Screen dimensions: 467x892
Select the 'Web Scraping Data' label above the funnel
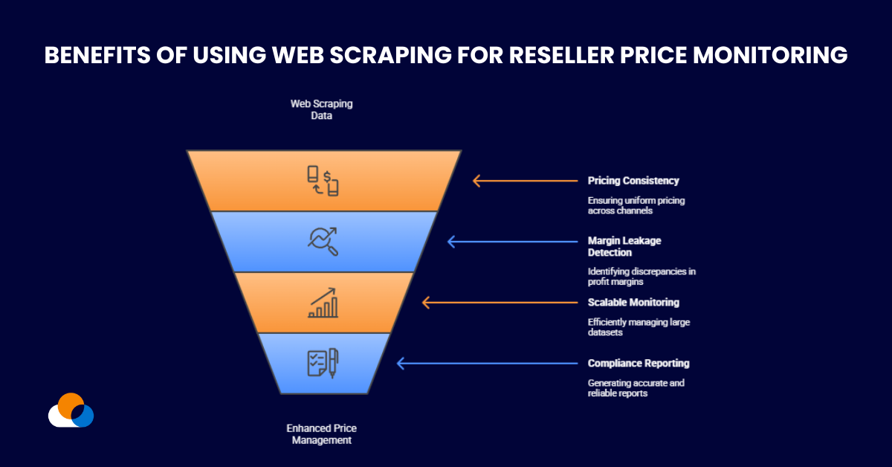[x=321, y=110]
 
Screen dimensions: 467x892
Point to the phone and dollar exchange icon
[x=323, y=181]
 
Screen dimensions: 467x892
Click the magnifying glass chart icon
[x=323, y=241]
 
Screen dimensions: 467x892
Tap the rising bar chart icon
[x=323, y=303]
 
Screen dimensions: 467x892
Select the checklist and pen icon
[x=323, y=363]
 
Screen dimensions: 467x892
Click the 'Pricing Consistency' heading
[x=633, y=181]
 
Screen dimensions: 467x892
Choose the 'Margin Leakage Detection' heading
[x=624, y=247]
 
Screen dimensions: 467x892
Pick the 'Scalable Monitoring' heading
[x=633, y=303]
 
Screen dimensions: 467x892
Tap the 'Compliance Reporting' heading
[x=639, y=364]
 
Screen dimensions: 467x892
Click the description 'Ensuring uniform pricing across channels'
[x=626, y=205]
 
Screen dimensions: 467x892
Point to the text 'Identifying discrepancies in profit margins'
[x=641, y=277]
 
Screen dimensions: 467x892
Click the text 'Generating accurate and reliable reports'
[x=636, y=388]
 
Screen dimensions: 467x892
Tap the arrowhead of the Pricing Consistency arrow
[x=476, y=181]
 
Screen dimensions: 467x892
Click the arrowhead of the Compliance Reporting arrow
[x=401, y=364]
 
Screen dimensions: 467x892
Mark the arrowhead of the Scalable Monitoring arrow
[x=426, y=303]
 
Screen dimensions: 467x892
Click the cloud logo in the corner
[x=71, y=410]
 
